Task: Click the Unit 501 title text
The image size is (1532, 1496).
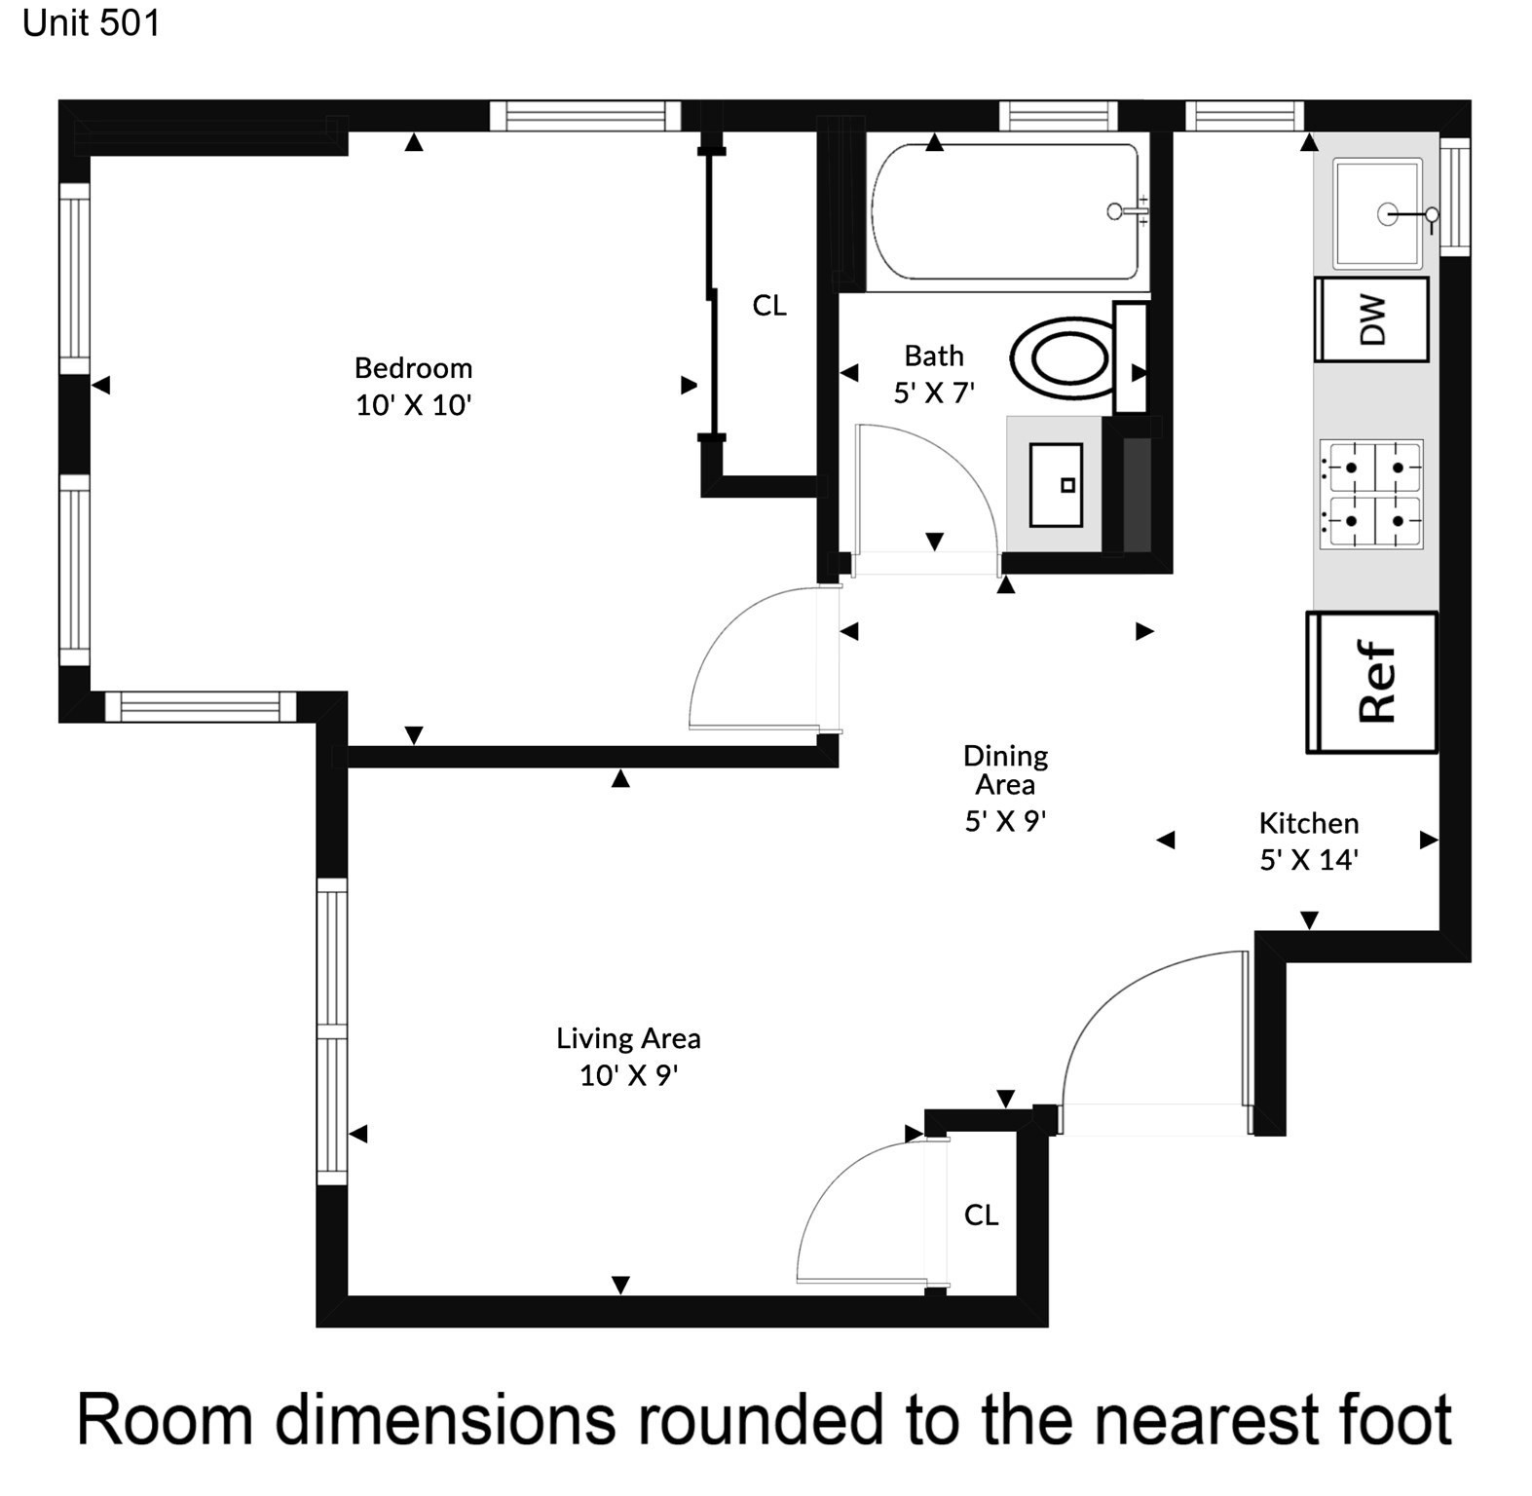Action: tap(91, 23)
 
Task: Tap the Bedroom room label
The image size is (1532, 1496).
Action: tap(413, 368)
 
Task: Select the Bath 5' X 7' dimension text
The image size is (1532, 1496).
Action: tap(933, 393)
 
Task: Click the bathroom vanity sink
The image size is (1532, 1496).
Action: tap(1056, 485)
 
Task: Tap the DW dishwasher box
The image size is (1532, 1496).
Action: tap(1371, 319)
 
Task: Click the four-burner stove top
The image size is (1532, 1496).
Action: tap(1371, 494)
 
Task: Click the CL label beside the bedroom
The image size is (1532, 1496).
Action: tap(768, 306)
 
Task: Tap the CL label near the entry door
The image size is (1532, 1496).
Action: tap(981, 1215)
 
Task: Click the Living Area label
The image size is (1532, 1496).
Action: tap(628, 1038)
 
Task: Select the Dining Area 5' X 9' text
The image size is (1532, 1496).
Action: tap(1005, 821)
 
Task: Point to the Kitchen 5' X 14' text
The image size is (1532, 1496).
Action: tap(1308, 860)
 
